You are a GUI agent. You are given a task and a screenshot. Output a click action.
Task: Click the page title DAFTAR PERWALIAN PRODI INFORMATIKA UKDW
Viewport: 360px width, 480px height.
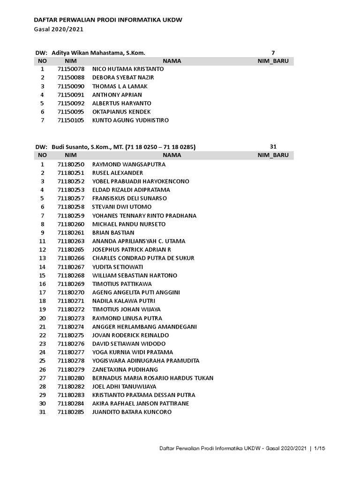tap(108, 20)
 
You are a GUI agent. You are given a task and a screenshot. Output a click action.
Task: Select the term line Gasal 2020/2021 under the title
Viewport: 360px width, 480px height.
tap(59, 29)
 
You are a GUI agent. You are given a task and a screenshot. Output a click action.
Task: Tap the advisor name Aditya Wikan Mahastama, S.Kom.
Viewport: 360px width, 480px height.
tap(101, 53)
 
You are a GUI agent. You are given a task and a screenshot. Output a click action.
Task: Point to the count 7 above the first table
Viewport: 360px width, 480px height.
tap(273, 53)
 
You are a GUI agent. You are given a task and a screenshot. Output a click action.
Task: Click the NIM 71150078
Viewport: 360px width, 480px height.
tap(71, 69)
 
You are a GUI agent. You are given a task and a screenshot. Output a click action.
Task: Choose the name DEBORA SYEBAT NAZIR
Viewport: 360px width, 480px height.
tap(123, 77)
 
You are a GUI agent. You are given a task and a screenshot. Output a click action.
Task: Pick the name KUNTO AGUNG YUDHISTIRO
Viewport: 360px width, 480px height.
tap(130, 120)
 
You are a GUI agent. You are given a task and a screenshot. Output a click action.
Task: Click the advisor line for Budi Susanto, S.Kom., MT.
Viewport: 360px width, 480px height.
tap(123, 147)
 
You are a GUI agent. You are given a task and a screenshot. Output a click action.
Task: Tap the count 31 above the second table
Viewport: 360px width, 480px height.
tap(274, 147)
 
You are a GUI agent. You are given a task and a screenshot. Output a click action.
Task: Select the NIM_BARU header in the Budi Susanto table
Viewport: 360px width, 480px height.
tap(273, 155)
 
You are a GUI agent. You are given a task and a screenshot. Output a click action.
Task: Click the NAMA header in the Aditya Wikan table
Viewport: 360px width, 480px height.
tap(172, 61)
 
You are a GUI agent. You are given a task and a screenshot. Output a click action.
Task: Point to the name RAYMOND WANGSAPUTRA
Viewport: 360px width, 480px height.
tap(128, 165)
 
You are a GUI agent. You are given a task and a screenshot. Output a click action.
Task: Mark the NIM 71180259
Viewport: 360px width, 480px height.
tap(71, 216)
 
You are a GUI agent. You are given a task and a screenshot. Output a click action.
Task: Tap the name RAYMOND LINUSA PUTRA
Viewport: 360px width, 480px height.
tap(127, 318)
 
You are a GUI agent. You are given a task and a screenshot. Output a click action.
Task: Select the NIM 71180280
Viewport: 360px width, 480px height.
tap(71, 378)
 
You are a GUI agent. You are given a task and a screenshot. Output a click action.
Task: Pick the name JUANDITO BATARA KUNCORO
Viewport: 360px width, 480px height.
tap(132, 412)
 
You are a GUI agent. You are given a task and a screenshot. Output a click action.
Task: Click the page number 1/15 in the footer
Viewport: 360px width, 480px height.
tap(319, 449)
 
